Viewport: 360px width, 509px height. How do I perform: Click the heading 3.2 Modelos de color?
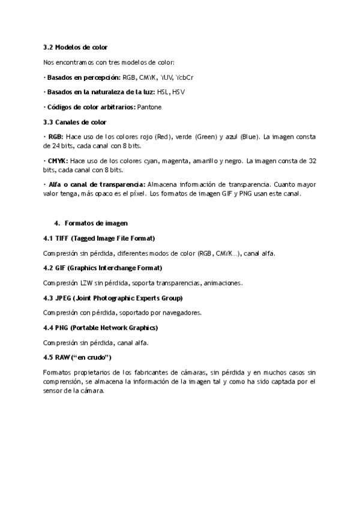(x=75, y=47)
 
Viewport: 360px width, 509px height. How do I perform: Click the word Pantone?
(x=149, y=107)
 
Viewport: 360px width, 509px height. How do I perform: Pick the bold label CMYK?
(x=57, y=161)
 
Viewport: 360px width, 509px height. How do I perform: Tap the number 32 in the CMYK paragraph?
(x=311, y=161)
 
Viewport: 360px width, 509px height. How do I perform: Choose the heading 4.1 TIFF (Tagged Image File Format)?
(x=99, y=238)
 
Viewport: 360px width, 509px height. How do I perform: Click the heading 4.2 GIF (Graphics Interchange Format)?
(x=103, y=268)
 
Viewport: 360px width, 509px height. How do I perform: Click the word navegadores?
(x=182, y=312)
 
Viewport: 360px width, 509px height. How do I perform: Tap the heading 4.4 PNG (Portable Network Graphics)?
(x=100, y=328)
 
